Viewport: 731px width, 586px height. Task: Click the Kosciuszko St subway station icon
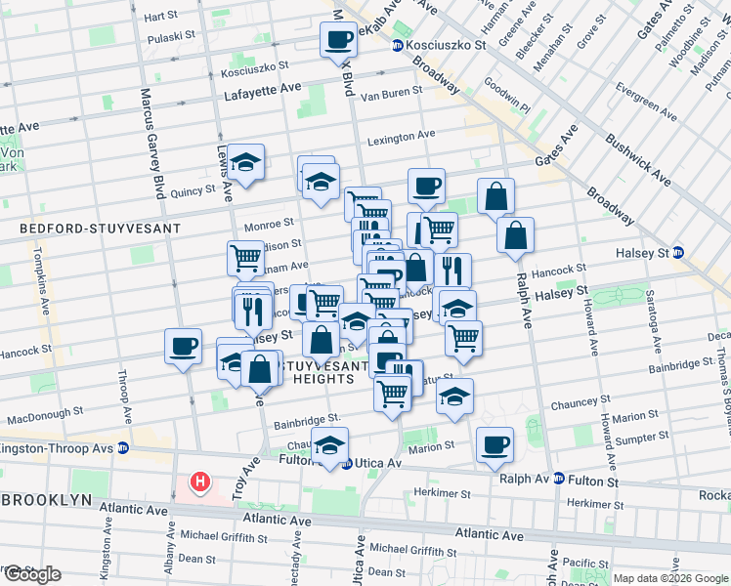[x=398, y=46]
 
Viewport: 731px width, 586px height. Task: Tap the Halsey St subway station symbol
[x=678, y=252]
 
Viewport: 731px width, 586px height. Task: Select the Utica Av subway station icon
[x=347, y=463]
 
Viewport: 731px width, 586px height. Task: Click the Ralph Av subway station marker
[x=558, y=479]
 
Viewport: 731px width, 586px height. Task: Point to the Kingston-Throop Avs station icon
[x=123, y=448]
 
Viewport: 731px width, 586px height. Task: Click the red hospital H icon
[x=200, y=481]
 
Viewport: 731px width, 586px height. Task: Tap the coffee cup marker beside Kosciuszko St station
[x=339, y=40]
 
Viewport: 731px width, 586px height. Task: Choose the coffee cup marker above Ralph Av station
[x=495, y=445]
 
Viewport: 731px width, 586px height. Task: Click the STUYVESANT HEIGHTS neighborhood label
[x=312, y=370]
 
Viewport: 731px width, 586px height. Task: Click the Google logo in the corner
[x=31, y=574]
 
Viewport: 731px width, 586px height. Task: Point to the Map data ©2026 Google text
[x=669, y=578]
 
